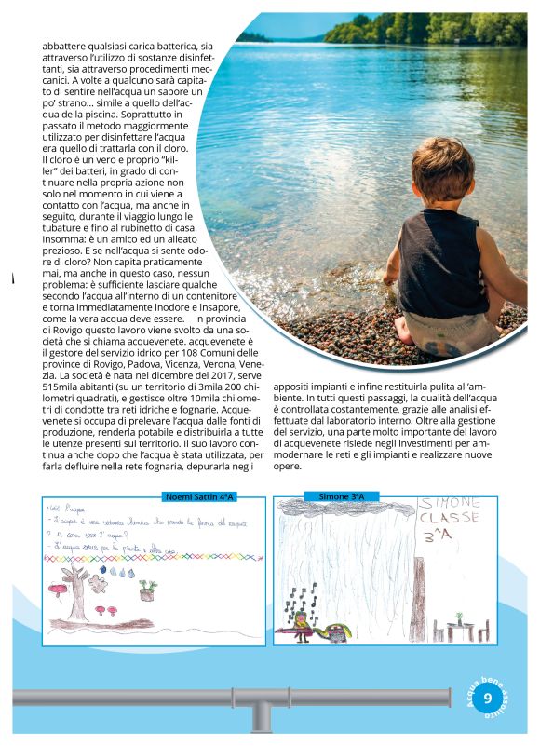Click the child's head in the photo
(441, 178)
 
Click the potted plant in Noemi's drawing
(147, 589)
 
